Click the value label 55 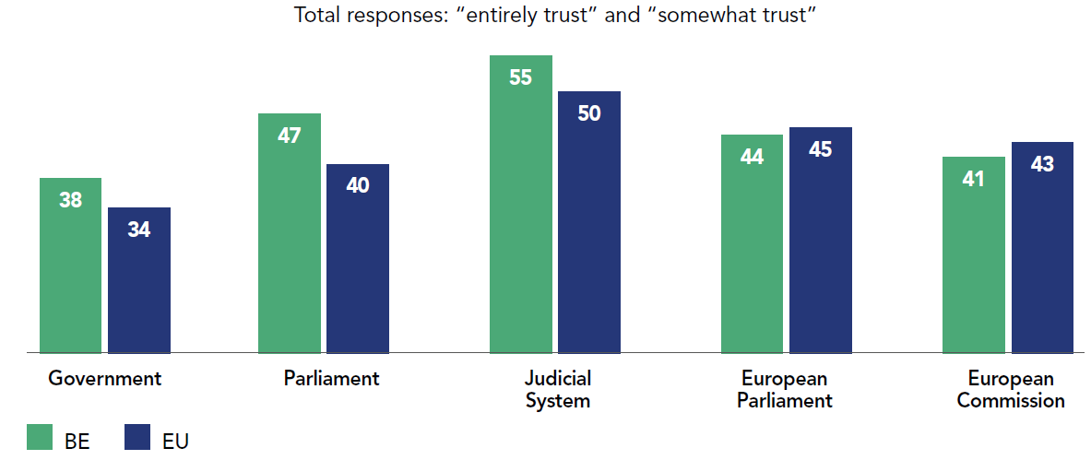[521, 77]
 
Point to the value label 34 [139, 230]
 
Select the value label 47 [290, 136]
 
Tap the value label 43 [1042, 164]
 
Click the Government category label [104, 378]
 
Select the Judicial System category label [557, 389]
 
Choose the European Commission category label [1011, 389]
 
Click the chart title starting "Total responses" [556, 16]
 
